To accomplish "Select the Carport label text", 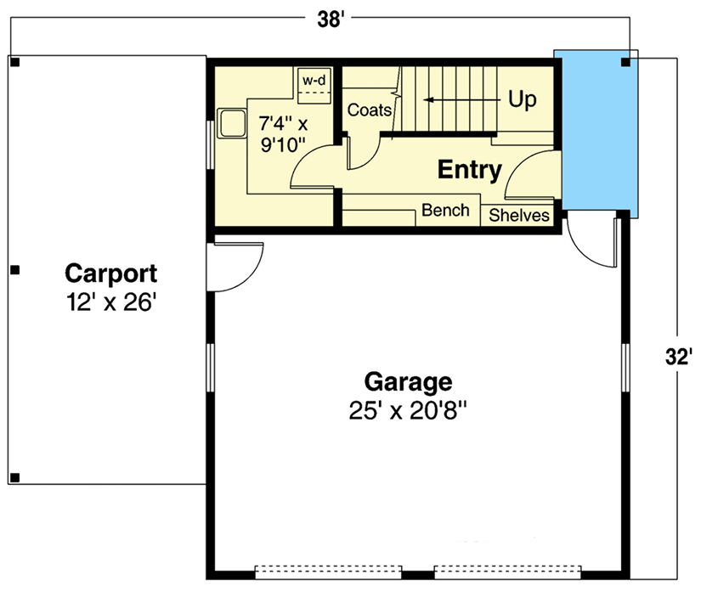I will [111, 273].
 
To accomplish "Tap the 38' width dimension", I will [331, 20].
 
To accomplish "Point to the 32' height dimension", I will [679, 358].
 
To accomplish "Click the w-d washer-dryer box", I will [314, 82].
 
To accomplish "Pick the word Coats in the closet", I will [370, 110].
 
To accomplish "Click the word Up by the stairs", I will [523, 99].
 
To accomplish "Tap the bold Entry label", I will [469, 170].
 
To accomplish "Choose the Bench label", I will [445, 210].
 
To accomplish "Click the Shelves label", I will [519, 215].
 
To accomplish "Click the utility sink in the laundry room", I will [230, 123].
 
